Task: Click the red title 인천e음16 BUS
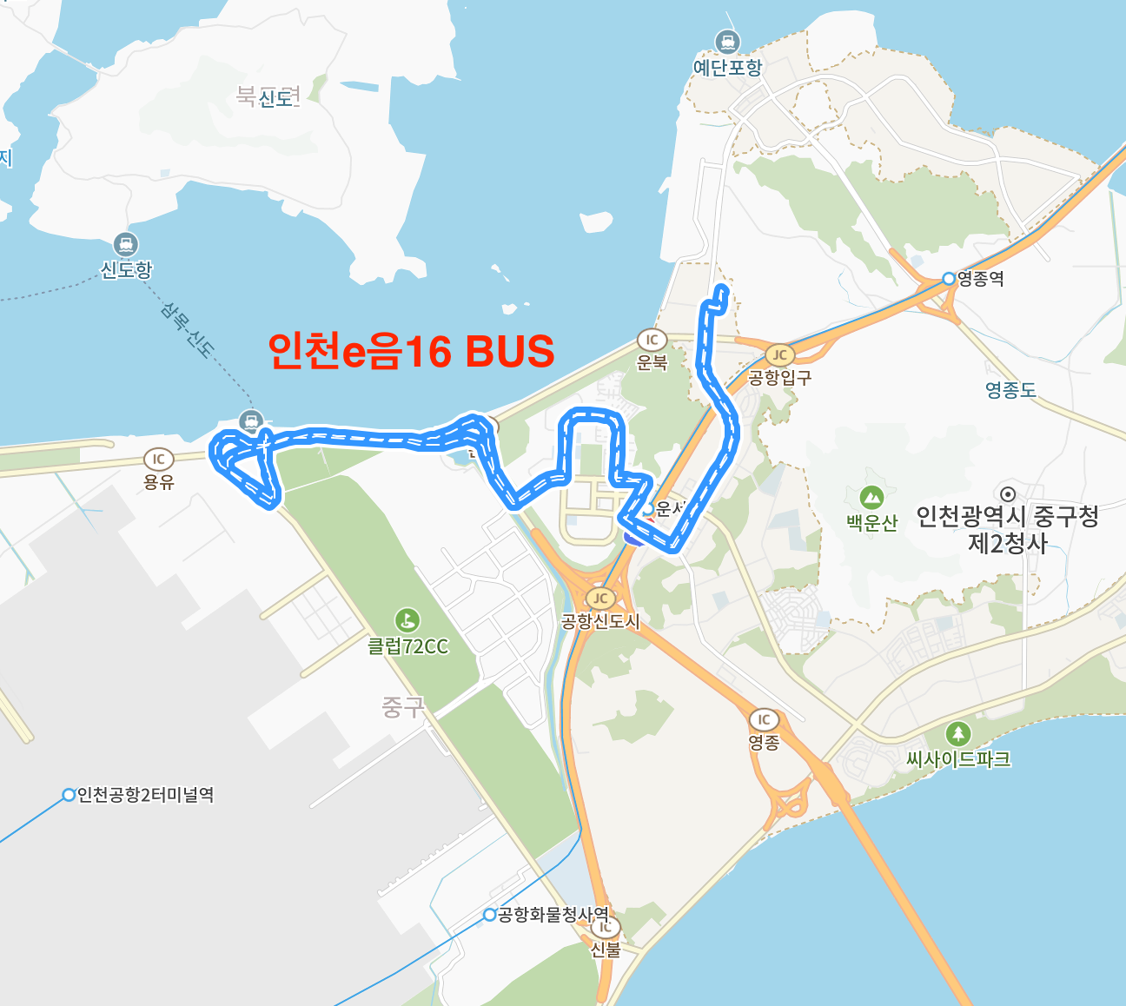point(411,352)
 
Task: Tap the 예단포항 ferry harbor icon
point(727,41)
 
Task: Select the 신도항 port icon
point(126,245)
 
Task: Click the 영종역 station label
point(981,279)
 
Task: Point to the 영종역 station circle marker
point(949,279)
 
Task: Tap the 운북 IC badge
point(652,340)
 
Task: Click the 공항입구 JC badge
point(779,354)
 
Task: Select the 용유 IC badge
point(158,459)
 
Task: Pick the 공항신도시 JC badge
point(599,598)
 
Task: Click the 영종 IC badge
point(764,719)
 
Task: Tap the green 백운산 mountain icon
point(871,498)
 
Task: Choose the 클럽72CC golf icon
point(407,620)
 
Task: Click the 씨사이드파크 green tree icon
point(957,733)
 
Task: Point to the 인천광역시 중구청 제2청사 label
point(1008,530)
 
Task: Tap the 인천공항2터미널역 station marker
point(69,795)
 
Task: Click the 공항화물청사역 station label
point(553,915)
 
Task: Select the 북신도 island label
point(268,96)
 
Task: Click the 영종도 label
point(1011,390)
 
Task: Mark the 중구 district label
point(402,707)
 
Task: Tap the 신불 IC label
point(606,950)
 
